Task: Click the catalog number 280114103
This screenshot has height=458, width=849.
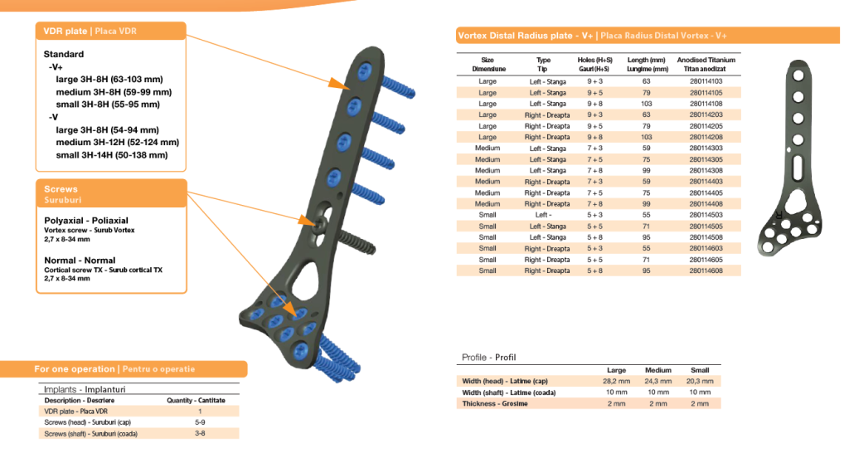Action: pyautogui.click(x=706, y=81)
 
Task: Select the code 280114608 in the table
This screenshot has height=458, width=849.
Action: pyautogui.click(x=706, y=270)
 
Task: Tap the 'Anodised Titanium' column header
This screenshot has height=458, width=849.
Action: pyautogui.click(x=706, y=61)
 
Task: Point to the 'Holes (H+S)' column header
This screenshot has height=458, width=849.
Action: pyautogui.click(x=594, y=61)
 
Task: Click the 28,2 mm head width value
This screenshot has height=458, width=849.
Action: pyautogui.click(x=616, y=381)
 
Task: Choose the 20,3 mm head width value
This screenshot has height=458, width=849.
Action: pyautogui.click(x=700, y=381)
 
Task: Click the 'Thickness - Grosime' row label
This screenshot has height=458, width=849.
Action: pyautogui.click(x=495, y=403)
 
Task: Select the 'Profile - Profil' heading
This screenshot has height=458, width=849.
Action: pyautogui.click(x=488, y=357)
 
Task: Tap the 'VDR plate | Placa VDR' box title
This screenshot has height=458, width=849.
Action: pyautogui.click(x=90, y=31)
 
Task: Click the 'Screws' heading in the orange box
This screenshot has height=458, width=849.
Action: pyautogui.click(x=61, y=188)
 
